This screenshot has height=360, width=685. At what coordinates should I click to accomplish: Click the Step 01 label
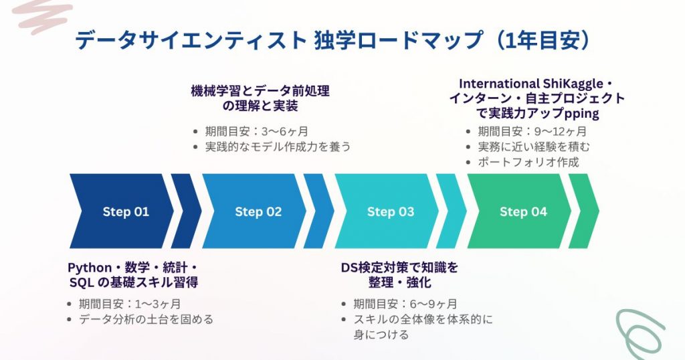[x=126, y=212]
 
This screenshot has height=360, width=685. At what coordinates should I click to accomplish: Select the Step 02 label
[x=258, y=212]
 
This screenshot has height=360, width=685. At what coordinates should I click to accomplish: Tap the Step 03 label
[x=391, y=212]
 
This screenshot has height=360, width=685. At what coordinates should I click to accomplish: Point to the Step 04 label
[x=523, y=212]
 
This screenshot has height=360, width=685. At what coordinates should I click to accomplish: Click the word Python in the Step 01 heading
[x=90, y=268]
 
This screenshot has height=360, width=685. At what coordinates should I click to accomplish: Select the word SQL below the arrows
[x=82, y=282]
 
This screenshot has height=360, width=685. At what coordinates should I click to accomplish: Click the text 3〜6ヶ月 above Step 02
[x=285, y=132]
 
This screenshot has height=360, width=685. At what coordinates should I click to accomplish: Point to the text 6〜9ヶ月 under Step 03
[x=433, y=304]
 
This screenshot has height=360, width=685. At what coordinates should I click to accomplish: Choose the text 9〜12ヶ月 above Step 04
[x=561, y=132]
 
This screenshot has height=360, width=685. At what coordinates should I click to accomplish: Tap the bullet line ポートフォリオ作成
[x=528, y=162]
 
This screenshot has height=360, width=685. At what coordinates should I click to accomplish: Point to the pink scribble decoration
[x=42, y=16]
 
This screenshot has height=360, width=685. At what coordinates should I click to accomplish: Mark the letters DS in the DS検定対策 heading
[x=350, y=268]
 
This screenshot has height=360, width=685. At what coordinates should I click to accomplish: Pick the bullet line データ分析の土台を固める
[x=146, y=319]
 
